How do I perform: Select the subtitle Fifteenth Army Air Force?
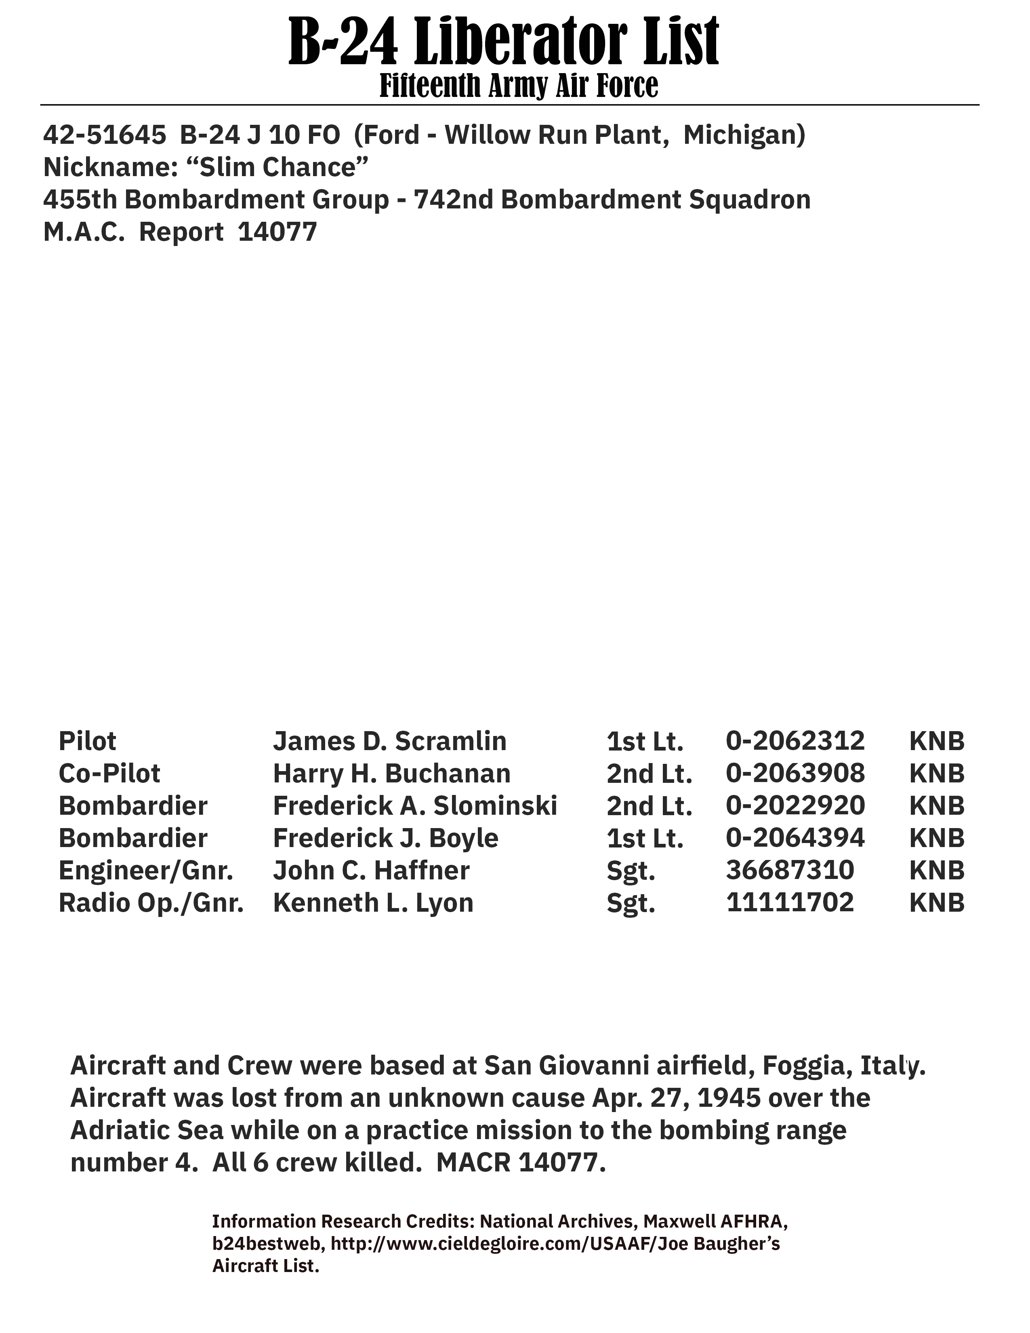tap(519, 86)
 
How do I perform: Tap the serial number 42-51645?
tap(104, 135)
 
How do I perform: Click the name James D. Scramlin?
tap(389, 741)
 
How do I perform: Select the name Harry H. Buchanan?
tap(391, 773)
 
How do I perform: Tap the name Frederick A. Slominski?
tap(415, 806)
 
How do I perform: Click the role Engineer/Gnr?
tap(146, 870)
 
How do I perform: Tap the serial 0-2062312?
tap(795, 741)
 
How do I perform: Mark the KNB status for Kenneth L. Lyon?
tap(937, 903)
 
